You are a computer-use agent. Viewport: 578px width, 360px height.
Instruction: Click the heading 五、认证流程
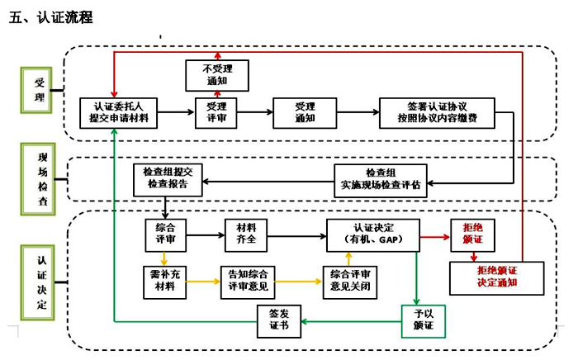[x=51, y=17]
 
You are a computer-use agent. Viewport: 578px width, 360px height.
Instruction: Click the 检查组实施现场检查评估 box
[x=381, y=178]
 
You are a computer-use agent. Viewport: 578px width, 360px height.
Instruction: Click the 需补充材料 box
[x=164, y=279]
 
